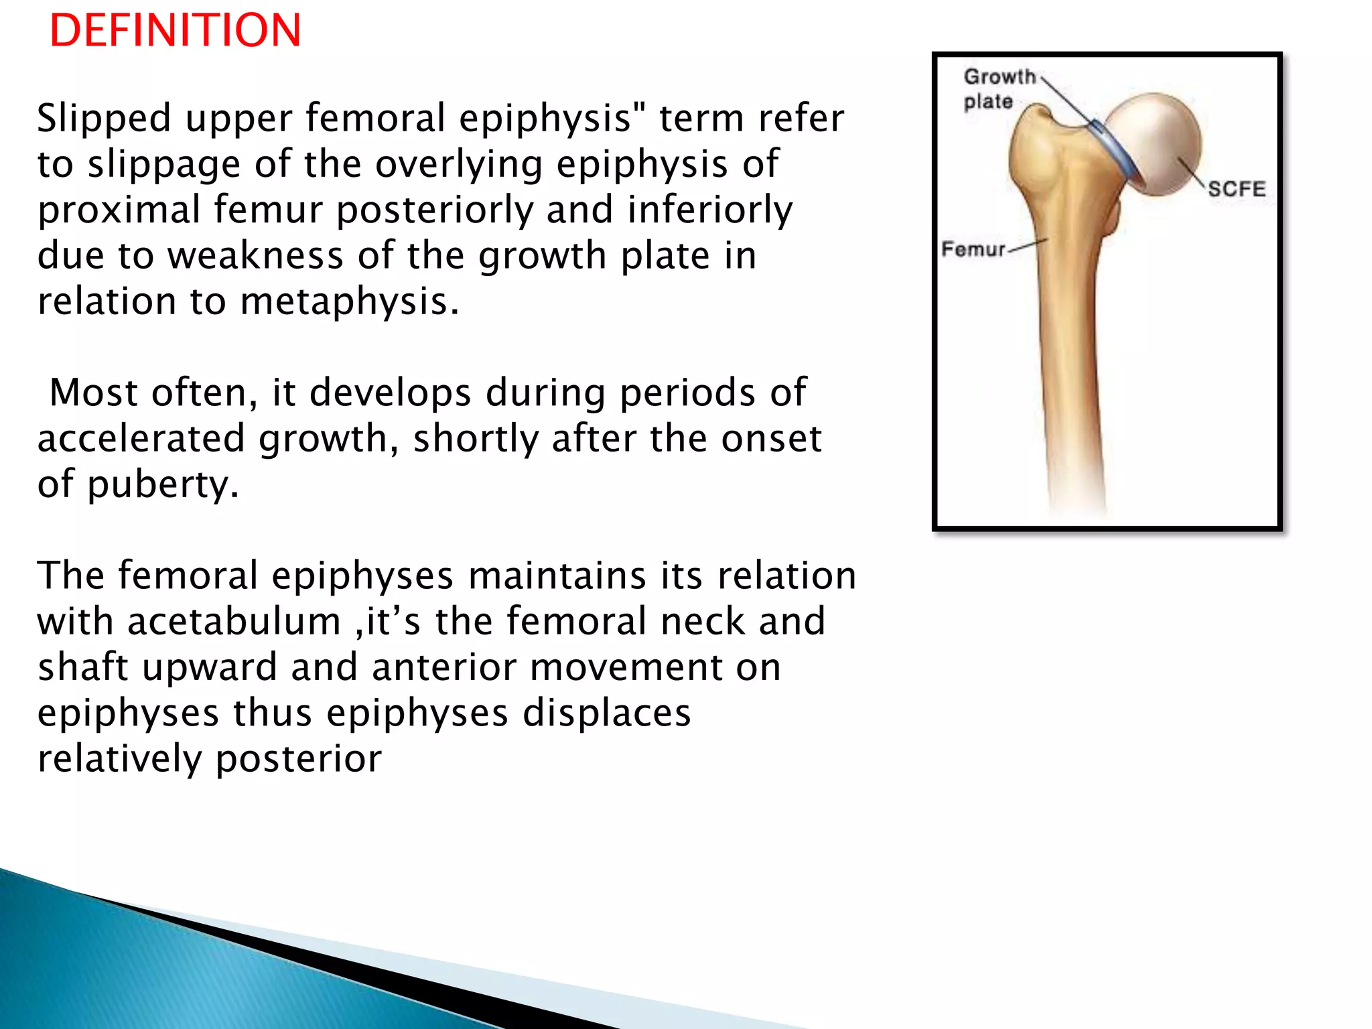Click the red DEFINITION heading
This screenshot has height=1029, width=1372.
pyautogui.click(x=176, y=31)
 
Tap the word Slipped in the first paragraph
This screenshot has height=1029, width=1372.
pyautogui.click(x=105, y=119)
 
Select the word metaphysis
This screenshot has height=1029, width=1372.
pyautogui.click(x=349, y=301)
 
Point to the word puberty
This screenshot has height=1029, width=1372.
pyautogui.click(x=163, y=485)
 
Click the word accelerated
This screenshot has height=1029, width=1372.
pyautogui.click(x=141, y=439)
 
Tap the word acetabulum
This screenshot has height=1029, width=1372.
pyautogui.click(x=234, y=622)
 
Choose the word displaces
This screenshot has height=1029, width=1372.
pyautogui.click(x=606, y=713)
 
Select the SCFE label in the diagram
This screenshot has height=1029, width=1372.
pyautogui.click(x=1237, y=189)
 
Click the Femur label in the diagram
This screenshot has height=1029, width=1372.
pyautogui.click(x=973, y=249)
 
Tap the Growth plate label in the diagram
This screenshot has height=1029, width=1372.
pyautogui.click(x=998, y=88)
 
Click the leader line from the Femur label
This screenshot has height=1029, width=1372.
pyautogui.click(x=1028, y=245)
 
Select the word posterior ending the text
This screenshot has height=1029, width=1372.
pyautogui.click(x=298, y=759)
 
